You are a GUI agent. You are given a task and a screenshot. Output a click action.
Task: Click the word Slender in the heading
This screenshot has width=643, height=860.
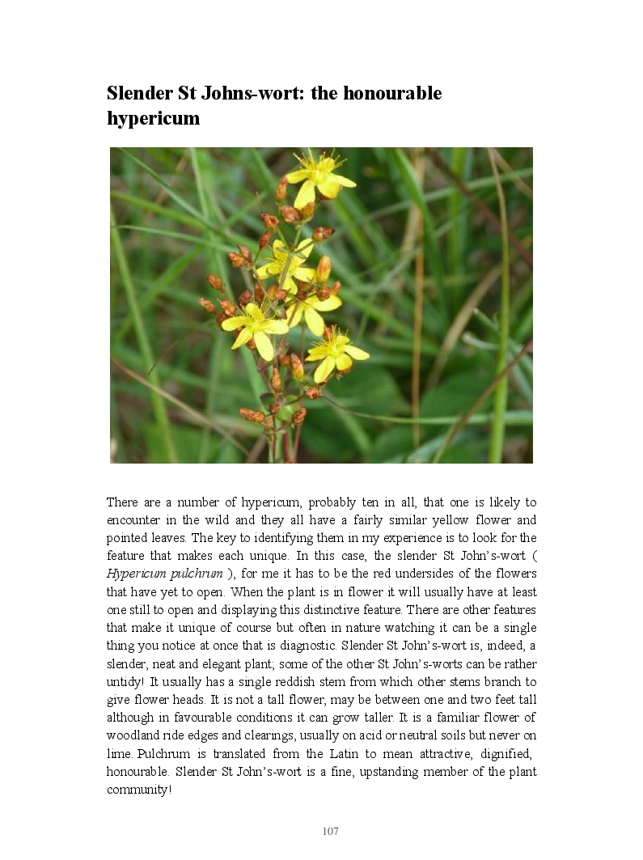tap(140, 93)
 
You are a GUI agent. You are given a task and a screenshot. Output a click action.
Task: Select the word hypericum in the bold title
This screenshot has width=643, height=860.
tap(153, 118)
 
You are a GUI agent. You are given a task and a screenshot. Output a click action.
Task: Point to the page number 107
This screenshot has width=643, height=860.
tap(330, 832)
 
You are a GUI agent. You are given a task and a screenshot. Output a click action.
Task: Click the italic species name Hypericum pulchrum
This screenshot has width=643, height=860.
tap(165, 574)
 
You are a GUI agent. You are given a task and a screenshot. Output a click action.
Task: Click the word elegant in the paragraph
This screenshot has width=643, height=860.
tap(226, 663)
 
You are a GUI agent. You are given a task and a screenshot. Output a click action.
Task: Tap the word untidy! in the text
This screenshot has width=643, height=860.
tap(126, 681)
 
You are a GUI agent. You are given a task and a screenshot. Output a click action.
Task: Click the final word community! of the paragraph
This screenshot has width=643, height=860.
tap(139, 790)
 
